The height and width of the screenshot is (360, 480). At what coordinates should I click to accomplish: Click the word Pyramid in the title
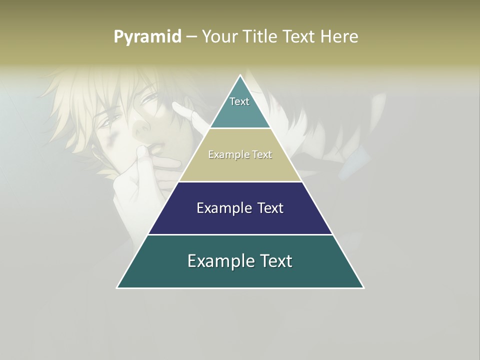coord(147,37)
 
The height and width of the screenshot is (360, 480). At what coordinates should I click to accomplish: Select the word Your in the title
coord(220,36)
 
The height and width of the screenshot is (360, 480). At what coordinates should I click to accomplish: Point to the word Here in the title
coord(339,36)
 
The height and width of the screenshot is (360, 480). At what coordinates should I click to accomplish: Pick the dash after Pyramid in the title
coord(191,37)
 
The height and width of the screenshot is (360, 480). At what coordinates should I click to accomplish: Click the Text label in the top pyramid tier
coord(239,101)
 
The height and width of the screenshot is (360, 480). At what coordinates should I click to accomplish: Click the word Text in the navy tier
coord(270,208)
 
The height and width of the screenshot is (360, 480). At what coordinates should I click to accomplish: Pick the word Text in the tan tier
coord(262,155)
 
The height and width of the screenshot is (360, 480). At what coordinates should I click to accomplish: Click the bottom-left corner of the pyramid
coord(117,287)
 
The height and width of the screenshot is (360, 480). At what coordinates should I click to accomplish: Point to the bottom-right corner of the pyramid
coord(363,287)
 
